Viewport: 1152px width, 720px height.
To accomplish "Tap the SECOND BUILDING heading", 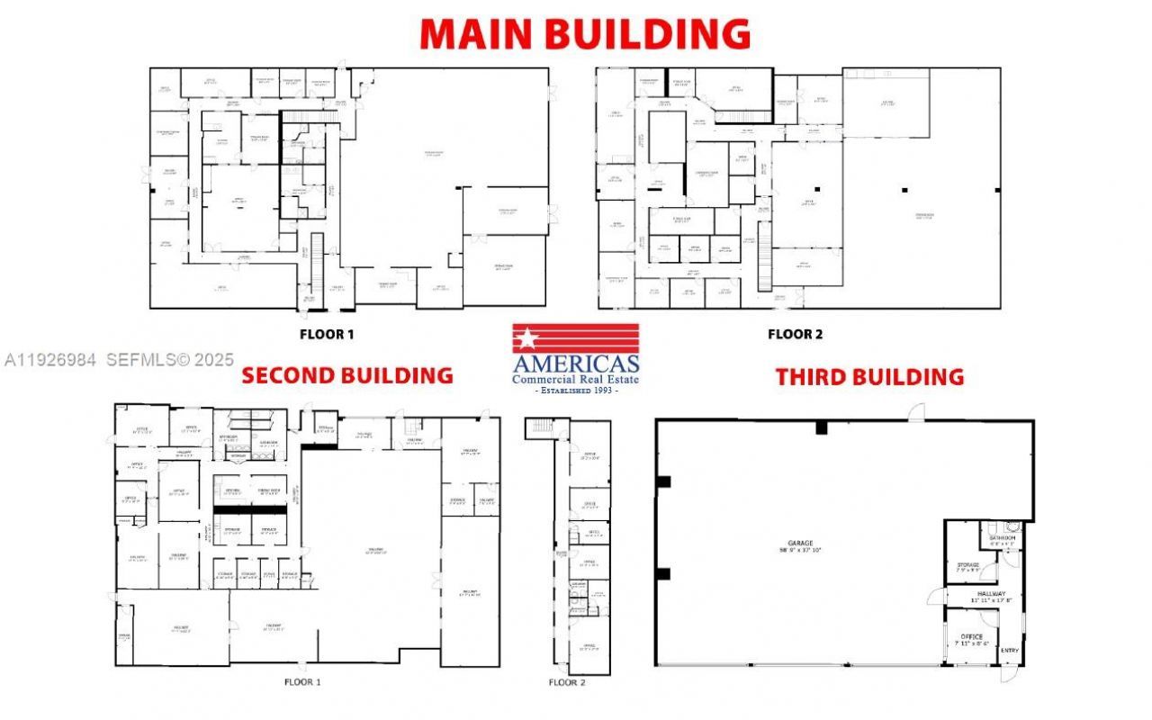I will point(347,375).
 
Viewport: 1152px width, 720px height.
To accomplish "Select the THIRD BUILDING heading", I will point(869,376).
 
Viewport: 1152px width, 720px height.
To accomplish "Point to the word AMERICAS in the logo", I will point(576,364).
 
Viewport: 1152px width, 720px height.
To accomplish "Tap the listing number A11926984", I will point(50,359).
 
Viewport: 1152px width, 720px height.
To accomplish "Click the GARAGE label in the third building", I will point(800,544).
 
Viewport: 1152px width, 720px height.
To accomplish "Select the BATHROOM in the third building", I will point(1002,538).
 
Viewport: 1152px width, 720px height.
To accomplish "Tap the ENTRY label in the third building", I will point(1010,651).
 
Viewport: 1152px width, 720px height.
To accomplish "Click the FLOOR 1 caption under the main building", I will point(327,335).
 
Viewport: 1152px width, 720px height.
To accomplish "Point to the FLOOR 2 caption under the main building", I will point(795,335).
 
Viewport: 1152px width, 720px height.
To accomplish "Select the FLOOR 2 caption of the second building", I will point(567,682).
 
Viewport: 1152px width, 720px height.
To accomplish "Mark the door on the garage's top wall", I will point(916,413).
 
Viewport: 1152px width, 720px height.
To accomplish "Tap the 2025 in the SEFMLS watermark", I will point(213,359).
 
